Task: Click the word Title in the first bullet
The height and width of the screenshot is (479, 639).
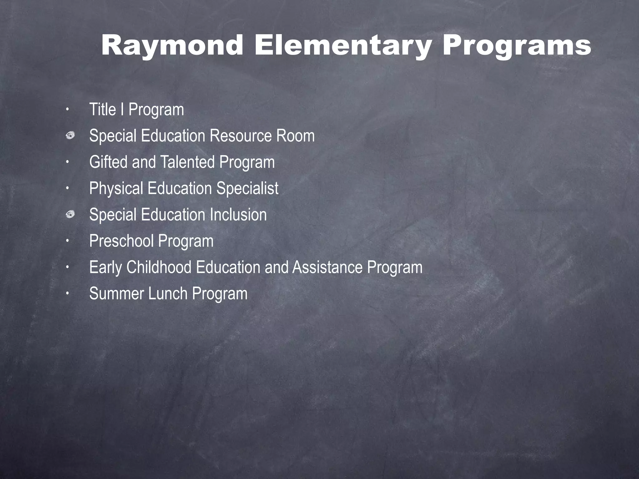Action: click(x=102, y=110)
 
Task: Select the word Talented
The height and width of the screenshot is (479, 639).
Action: click(x=188, y=162)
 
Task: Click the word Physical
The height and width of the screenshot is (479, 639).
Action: click(x=116, y=189)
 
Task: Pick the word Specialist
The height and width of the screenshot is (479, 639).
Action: click(x=247, y=189)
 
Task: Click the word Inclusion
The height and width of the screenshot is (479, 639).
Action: click(x=238, y=215)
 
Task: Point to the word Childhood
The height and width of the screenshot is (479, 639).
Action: click(x=159, y=268)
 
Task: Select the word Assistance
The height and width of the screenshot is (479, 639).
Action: click(x=327, y=268)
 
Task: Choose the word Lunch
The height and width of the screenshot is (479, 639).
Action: click(x=168, y=294)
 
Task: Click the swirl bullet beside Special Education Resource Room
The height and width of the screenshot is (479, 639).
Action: click(x=70, y=136)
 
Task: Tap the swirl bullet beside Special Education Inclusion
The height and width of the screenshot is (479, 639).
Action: click(x=70, y=215)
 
